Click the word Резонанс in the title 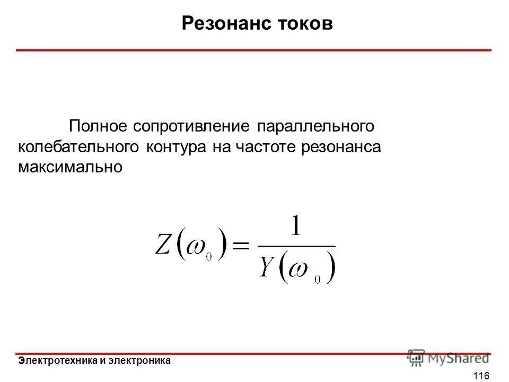223,23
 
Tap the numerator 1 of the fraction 295,228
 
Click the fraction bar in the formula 296,246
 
